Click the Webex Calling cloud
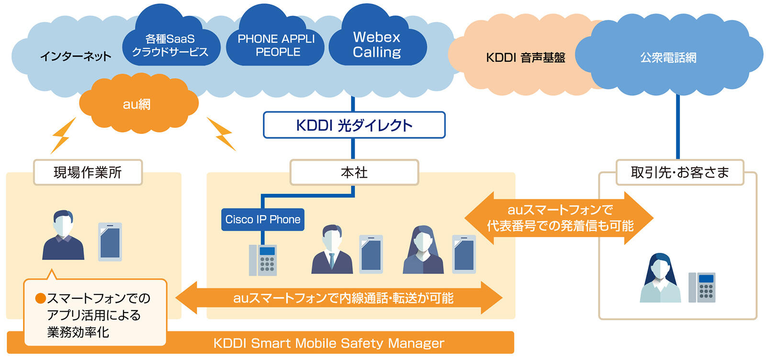pyautogui.click(x=377, y=45)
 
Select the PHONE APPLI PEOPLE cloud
pyautogui.click(x=276, y=45)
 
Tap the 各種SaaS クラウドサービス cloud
pyautogui.click(x=170, y=45)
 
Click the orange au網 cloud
pyautogui.click(x=137, y=104)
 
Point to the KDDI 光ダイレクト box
pyautogui.click(x=354, y=125)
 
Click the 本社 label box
pyautogui.click(x=354, y=172)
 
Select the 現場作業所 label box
pyautogui.click(x=88, y=172)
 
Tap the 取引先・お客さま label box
pyautogui.click(x=679, y=172)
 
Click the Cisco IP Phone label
pyautogui.click(x=263, y=219)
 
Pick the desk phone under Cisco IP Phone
pyautogui.click(x=263, y=260)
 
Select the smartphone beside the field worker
pyautogui.click(x=110, y=242)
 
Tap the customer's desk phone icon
pyautogui.click(x=701, y=287)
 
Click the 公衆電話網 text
pyautogui.click(x=668, y=57)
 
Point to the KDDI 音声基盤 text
pyautogui.click(x=525, y=57)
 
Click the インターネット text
pyautogui.click(x=75, y=56)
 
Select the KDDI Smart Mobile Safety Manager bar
pyautogui.click(x=328, y=343)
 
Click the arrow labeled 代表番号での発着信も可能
pyautogui.click(x=559, y=218)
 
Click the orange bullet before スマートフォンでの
pyautogui.click(x=41, y=299)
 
